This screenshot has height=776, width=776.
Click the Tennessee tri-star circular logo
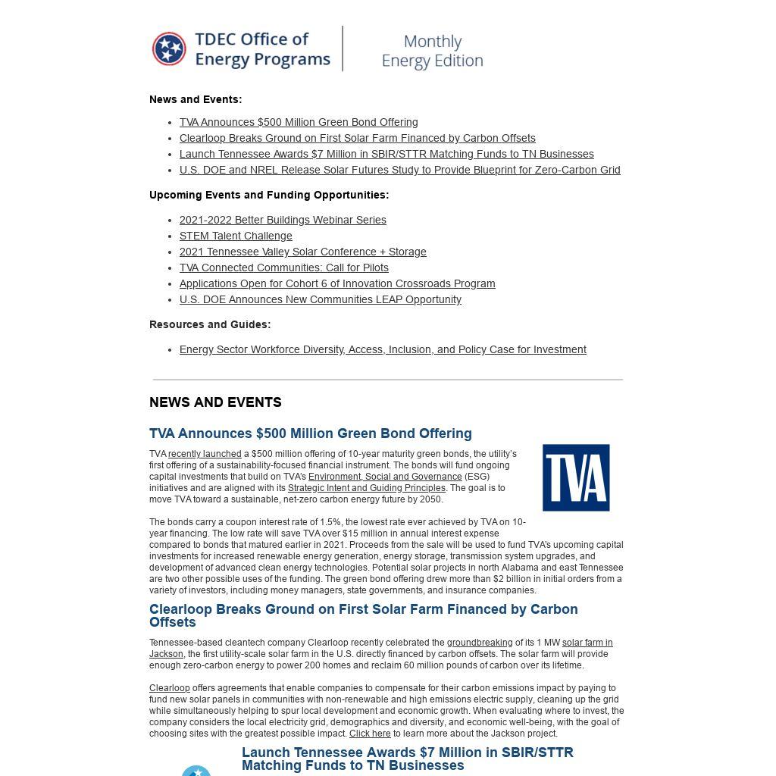[169, 49]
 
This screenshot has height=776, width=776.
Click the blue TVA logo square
[576, 477]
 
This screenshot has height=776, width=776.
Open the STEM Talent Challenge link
[236, 236]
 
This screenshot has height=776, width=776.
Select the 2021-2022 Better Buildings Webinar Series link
[283, 220]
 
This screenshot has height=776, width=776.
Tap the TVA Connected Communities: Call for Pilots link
[283, 268]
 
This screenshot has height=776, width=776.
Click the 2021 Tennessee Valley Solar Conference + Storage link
[302, 252]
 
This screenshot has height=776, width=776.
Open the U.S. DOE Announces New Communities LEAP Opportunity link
[320, 299]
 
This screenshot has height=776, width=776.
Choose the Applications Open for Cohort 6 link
[337, 283]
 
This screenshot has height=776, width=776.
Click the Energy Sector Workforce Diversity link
[383, 349]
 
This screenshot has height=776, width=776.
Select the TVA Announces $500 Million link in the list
[299, 122]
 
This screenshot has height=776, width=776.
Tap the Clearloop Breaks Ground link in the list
[357, 138]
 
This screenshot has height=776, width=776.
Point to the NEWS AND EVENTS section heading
[215, 402]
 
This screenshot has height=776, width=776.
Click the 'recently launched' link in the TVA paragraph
[205, 454]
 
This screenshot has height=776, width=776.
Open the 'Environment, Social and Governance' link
[385, 477]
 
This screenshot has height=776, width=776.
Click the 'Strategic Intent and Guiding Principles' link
[366, 488]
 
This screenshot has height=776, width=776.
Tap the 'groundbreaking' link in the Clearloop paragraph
[479, 643]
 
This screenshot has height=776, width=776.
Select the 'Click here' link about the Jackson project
[370, 734]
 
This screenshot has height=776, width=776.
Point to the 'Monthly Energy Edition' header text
[432, 51]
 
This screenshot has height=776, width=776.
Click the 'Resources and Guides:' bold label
[210, 324]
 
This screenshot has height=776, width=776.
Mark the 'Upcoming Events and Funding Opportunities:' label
[269, 195]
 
